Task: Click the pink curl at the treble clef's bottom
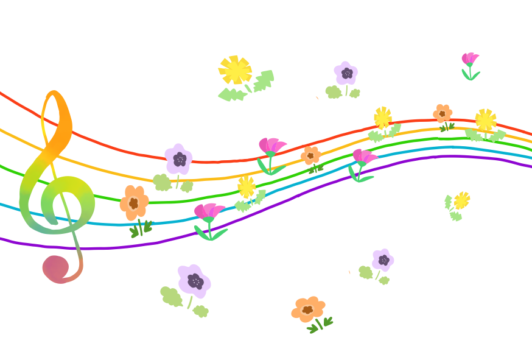[56, 268]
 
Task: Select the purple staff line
[122, 247]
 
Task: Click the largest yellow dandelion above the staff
[235, 70]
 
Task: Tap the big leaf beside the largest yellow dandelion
[264, 80]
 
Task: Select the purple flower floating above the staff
[346, 74]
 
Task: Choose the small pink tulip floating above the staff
[469, 59]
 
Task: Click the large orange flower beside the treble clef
[134, 202]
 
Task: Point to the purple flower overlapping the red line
[179, 160]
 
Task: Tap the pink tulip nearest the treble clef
[208, 212]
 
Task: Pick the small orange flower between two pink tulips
[310, 155]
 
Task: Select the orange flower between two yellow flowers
[443, 113]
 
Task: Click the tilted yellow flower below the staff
[461, 200]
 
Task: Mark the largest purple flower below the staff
[194, 281]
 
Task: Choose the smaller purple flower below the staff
[383, 260]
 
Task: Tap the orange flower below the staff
[308, 309]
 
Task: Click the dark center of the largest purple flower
[195, 281]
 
